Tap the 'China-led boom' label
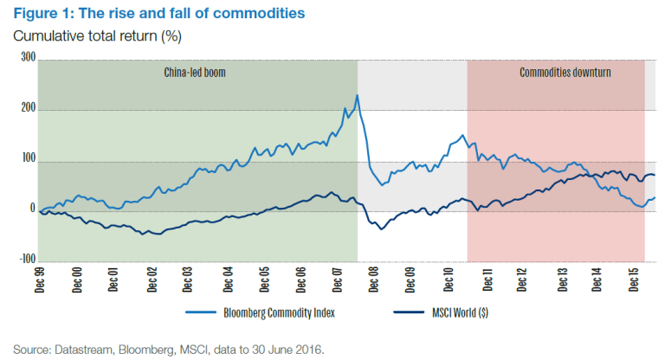[195, 73]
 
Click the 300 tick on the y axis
[27, 59]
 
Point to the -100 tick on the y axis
[25, 260]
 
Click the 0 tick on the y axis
[31, 209]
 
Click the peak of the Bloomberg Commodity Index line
[358, 95]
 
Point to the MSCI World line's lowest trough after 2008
[381, 228]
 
